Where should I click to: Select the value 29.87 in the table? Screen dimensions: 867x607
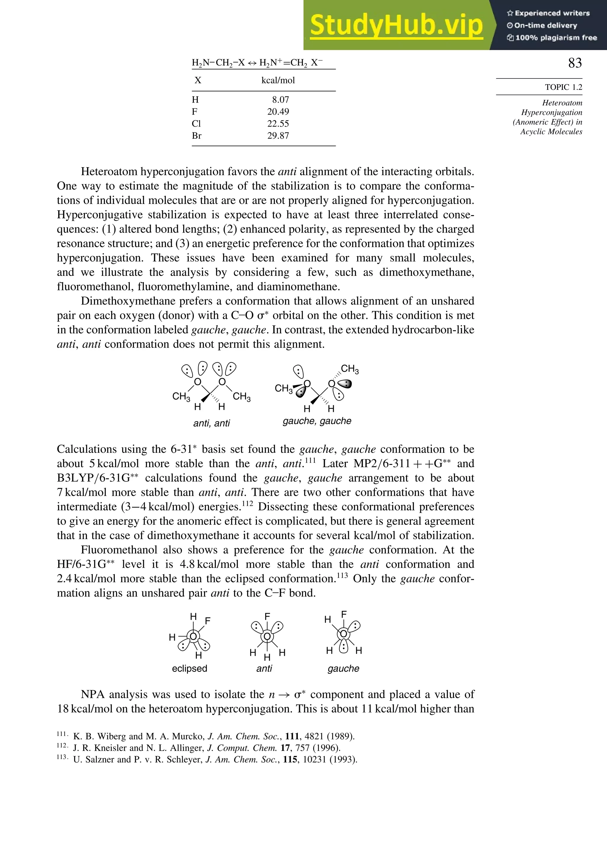pyautogui.click(x=278, y=136)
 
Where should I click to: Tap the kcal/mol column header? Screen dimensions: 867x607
pyautogui.click(x=278, y=80)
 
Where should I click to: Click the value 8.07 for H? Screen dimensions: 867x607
pyautogui.click(x=280, y=100)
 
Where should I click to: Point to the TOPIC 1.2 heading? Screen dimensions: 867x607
pyautogui.click(x=563, y=87)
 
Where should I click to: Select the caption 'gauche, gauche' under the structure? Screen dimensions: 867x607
pyautogui.click(x=317, y=421)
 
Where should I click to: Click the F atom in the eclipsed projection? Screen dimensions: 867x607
pyautogui.click(x=207, y=621)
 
